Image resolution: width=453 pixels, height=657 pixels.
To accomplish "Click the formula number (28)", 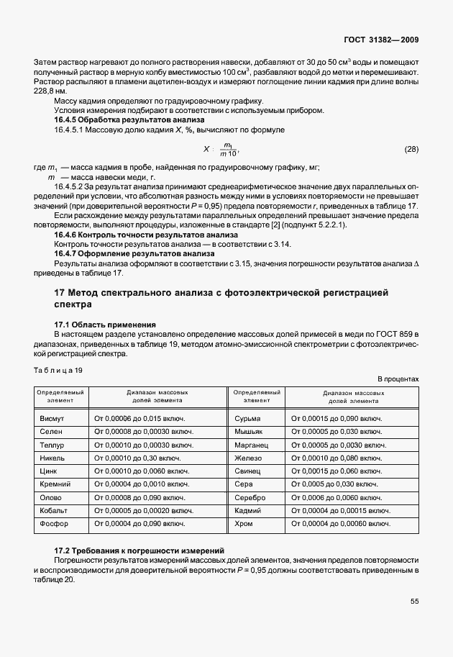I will pyautogui.click(x=411, y=150).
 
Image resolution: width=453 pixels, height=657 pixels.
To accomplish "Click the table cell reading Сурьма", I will pyautogui.click(x=248, y=418).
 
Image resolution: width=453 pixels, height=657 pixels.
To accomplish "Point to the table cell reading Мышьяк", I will pyautogui.click(x=250, y=431).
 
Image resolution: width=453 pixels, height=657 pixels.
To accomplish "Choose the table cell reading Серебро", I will pyautogui.click(x=250, y=497).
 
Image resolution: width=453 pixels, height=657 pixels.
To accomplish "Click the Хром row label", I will pyautogui.click(x=244, y=523).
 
